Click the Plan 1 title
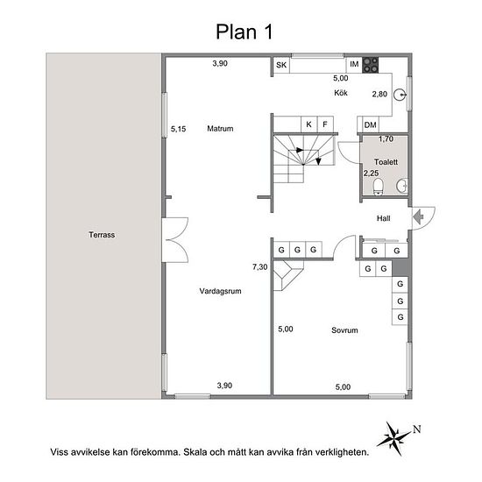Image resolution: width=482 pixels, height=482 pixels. point(245,32)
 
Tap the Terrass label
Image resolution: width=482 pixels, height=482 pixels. point(102,235)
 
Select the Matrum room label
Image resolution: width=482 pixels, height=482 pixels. point(220,129)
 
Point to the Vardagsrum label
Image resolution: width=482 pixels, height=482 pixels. point(220,291)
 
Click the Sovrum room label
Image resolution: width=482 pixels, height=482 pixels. point(344,330)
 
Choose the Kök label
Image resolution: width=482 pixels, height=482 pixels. point(341,93)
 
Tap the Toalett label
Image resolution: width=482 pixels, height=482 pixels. point(386,162)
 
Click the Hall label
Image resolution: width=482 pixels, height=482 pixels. point(384,218)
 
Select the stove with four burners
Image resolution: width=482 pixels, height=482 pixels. point(370,65)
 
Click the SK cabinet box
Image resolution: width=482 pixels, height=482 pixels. point(281,65)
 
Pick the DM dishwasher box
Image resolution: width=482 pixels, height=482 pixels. point(371,124)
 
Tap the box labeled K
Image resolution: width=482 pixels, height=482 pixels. point(309,124)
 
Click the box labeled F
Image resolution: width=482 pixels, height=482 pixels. point(325,124)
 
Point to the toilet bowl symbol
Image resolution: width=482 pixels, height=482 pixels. point(378,187)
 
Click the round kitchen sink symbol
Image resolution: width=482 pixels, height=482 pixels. point(400,95)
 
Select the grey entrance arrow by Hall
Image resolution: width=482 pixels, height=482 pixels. point(418,217)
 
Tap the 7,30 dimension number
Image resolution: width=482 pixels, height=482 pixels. point(260,267)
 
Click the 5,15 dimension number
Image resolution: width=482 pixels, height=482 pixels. point(178,129)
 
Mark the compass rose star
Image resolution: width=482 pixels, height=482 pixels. point(393,439)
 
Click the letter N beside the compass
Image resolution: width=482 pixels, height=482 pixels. point(417,429)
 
